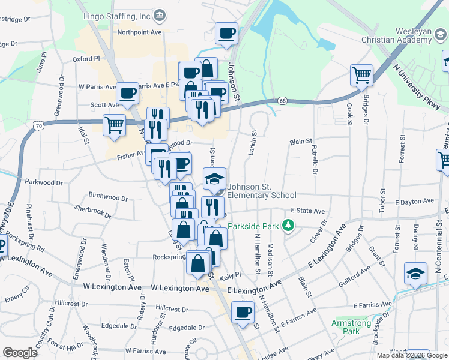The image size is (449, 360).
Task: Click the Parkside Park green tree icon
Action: (289, 226)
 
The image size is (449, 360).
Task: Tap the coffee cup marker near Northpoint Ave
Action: (226, 34)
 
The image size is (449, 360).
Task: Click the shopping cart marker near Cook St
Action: (362, 76)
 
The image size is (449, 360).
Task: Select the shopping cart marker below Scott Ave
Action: (114, 125)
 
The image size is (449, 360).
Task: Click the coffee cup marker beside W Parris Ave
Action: (128, 94)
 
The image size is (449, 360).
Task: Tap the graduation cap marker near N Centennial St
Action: (415, 274)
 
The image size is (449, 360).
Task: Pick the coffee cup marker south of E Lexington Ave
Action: (243, 312)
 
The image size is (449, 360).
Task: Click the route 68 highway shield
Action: (282, 101)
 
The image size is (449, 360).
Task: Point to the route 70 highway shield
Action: (38, 126)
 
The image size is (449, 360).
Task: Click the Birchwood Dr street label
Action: (107, 197)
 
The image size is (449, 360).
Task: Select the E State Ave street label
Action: (307, 211)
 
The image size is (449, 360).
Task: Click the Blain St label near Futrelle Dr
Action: (301, 142)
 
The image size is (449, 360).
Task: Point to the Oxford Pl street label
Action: (86, 59)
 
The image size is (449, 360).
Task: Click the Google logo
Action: (20, 353)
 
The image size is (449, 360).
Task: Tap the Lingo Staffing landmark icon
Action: (160, 14)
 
